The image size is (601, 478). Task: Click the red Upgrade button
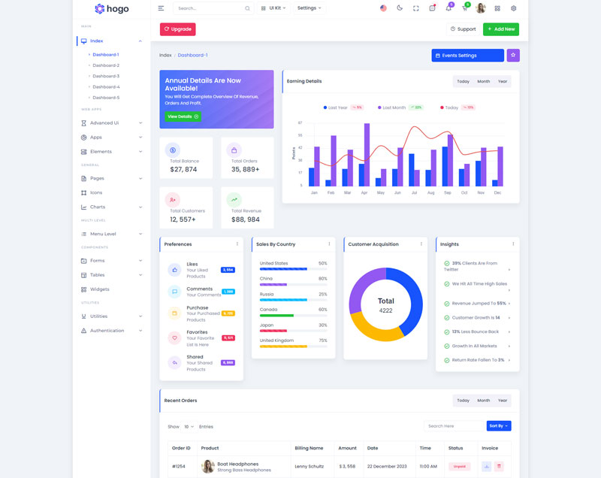(177, 29)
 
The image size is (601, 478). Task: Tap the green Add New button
(500, 29)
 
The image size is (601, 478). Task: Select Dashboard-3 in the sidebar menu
(106, 76)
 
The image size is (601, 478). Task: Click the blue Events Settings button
(467, 56)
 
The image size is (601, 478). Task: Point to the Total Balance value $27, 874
(183, 169)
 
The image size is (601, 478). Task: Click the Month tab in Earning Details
(483, 81)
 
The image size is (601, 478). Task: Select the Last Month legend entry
(394, 107)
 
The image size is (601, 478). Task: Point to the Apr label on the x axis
(364, 193)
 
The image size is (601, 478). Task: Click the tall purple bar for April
(367, 155)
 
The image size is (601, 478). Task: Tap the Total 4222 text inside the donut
(385, 305)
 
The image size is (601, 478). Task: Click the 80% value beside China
(322, 279)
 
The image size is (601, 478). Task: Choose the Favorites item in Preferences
(197, 331)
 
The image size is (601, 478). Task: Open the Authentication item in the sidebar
(107, 331)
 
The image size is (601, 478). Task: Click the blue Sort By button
(498, 426)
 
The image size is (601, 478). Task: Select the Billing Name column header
(309, 448)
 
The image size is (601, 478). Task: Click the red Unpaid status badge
(459, 467)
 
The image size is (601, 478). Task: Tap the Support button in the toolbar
(463, 29)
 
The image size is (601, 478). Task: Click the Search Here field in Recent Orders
(454, 426)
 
